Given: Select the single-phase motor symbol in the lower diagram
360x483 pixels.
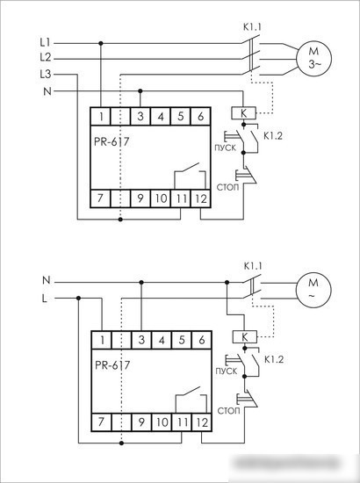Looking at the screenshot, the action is coord(313,290).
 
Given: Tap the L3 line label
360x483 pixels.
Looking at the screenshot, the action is coord(46,75).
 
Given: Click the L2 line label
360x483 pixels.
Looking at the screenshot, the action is coord(46,57).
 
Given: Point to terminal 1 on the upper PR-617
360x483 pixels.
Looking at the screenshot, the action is coord(101,117).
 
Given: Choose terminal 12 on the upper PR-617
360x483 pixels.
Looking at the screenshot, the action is coord(201,198).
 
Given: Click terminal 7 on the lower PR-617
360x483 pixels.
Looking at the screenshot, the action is coord(101,422).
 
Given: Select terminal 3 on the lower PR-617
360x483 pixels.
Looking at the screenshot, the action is coord(141,340).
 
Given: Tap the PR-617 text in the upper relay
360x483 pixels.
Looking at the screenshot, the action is coord(112,141).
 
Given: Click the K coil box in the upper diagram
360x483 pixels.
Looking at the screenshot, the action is coord(243,113).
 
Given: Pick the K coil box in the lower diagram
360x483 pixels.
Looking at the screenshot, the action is coord(244,337).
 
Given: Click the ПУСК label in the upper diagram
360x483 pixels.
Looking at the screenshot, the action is coord(226,148).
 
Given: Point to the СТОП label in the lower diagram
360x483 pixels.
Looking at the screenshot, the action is coord(228,411).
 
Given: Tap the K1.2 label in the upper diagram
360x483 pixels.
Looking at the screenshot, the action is coord(273,136).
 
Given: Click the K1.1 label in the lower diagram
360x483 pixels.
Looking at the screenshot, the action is coord(253,266).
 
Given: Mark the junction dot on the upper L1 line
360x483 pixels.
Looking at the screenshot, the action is coord(101,43).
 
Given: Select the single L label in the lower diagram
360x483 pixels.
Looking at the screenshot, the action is coord(45,299).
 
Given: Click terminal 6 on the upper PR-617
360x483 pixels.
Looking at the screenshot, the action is coord(201,117).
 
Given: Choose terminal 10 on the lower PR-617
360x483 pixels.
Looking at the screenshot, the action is coord(162,422).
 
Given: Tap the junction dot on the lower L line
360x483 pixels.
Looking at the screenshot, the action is coord(78,299).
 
